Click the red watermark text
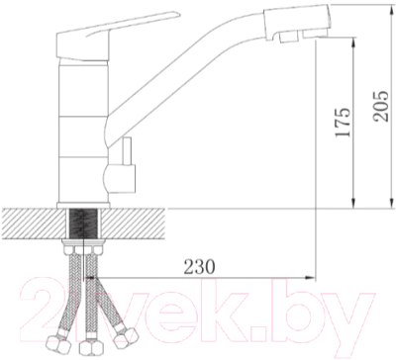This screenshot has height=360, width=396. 197,307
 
